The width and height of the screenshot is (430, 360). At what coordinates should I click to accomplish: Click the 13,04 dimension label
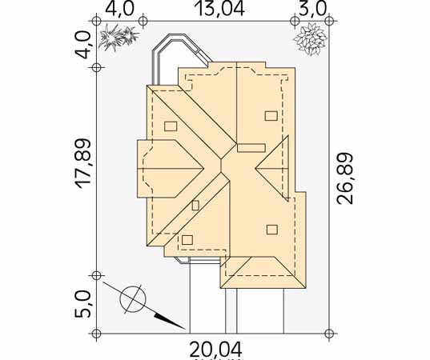click(219, 9)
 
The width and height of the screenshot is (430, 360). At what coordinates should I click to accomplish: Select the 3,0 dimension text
click(312, 9)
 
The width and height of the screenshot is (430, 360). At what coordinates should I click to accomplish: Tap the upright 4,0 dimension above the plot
click(119, 9)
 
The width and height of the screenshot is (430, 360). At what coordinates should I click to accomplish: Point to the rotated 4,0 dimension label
click(82, 45)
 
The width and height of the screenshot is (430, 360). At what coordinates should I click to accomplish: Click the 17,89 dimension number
click(82, 164)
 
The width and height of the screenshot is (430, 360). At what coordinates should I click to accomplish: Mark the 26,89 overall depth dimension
click(344, 178)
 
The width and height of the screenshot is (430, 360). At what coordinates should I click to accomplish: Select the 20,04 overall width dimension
click(216, 349)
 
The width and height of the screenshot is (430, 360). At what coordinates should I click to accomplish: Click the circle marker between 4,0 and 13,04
click(143, 21)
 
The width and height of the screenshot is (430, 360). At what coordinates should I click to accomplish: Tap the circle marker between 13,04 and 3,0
click(295, 21)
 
